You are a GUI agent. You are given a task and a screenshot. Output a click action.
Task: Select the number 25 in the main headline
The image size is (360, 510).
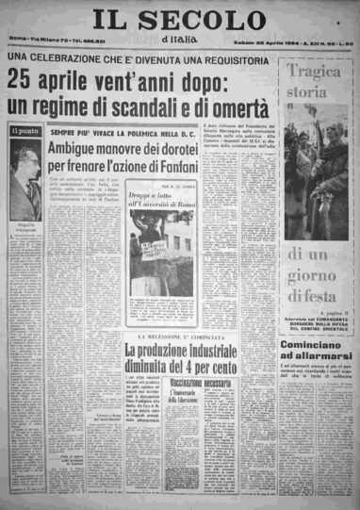(22, 80)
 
